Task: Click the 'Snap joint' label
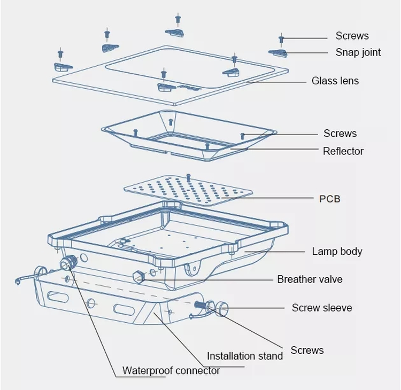click(358, 52)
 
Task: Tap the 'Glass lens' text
click(335, 81)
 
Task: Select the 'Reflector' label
click(343, 151)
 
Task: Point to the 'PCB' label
click(330, 199)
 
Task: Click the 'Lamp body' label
click(337, 252)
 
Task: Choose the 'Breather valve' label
click(310, 279)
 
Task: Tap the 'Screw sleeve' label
click(322, 308)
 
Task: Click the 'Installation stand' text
click(245, 356)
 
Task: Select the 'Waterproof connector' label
click(171, 371)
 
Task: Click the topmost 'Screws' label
click(352, 36)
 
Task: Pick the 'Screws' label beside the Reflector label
click(340, 134)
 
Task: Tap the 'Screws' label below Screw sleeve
click(307, 350)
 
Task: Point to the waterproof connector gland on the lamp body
click(67, 262)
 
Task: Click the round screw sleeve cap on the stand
click(221, 309)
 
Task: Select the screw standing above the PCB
click(189, 177)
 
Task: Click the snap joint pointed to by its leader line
click(277, 53)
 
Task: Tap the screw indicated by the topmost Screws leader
click(281, 39)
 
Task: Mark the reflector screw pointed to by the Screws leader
click(243, 136)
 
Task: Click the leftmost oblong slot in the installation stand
click(58, 297)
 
